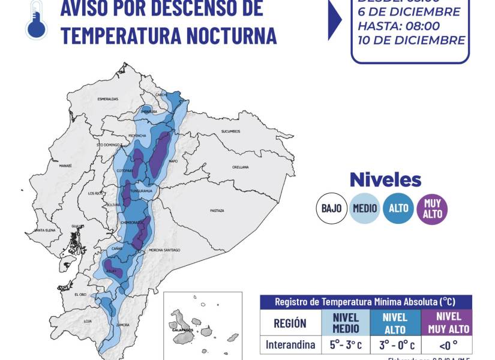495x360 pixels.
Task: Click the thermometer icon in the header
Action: pos(35,20)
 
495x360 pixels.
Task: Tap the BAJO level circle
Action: pos(331,208)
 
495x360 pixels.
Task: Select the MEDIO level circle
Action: pos(365,208)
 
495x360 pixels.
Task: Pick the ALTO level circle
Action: pos(398,208)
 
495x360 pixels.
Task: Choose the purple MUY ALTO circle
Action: pos(432,208)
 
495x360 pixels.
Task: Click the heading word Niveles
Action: pos(385,179)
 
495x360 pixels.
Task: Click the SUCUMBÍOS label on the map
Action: pos(230,131)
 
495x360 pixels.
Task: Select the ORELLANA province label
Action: pos(241,167)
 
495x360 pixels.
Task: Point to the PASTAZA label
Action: pos(217,211)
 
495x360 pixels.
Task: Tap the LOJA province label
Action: pos(88,322)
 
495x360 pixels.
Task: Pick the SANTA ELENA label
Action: pos(45,230)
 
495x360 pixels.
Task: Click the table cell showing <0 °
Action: pos(446,344)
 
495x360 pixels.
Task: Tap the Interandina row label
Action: pos(290,344)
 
